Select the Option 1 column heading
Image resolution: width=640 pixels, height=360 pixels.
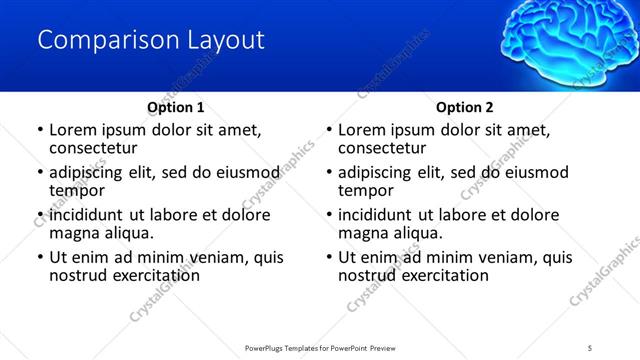point(176,107)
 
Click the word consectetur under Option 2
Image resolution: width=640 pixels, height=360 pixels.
point(382,148)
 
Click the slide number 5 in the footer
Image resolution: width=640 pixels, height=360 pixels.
point(590,347)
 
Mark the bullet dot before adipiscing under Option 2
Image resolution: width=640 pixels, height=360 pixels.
point(328,172)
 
